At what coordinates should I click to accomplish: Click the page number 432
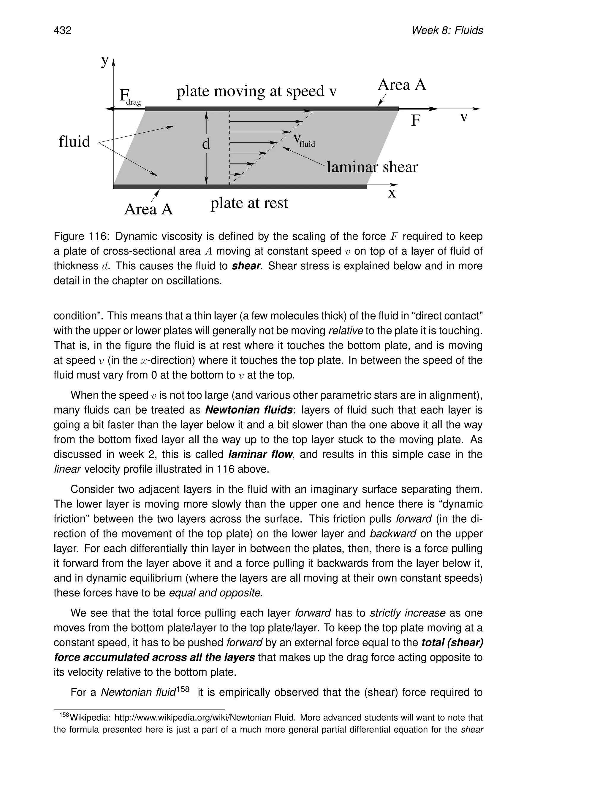point(63,30)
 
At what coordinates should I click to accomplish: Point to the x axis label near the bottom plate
point(392,193)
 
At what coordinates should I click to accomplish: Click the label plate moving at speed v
point(256,91)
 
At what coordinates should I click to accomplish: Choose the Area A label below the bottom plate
point(148,209)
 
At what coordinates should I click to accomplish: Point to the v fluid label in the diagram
point(304,140)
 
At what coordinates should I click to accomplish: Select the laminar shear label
point(372,167)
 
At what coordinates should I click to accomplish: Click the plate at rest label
point(249,203)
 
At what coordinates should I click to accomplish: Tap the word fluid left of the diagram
point(74,141)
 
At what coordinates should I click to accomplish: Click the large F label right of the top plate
point(416,120)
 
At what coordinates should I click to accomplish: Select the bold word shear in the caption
point(246,266)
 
